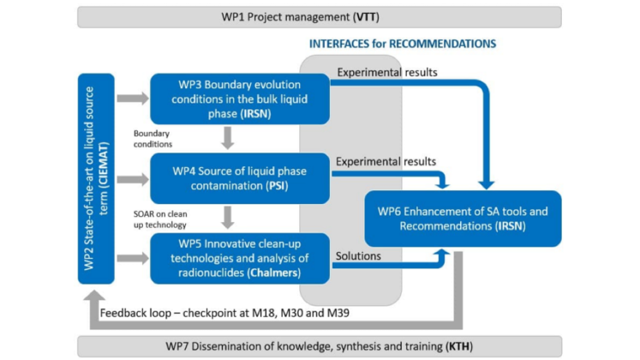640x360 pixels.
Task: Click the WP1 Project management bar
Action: click(x=319, y=16)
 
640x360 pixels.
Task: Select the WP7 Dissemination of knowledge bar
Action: click(x=319, y=346)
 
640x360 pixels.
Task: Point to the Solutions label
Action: click(x=360, y=255)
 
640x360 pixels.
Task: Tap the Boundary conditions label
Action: click(x=152, y=138)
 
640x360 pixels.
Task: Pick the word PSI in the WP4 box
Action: click(x=257, y=185)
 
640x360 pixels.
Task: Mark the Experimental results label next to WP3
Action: click(x=387, y=73)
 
